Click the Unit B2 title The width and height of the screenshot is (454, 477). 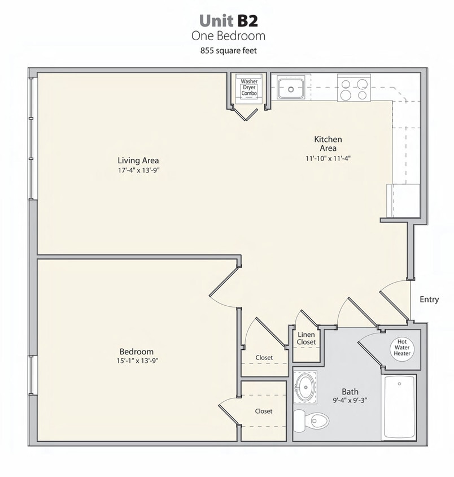click(x=228, y=20)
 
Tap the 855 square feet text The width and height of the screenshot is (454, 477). click(x=228, y=50)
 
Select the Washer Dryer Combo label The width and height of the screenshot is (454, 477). click(x=249, y=86)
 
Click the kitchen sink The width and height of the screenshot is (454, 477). click(x=291, y=88)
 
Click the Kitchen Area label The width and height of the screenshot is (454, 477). click(x=328, y=144)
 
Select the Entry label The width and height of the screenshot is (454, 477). click(x=429, y=300)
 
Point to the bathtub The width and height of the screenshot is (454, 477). click(x=399, y=406)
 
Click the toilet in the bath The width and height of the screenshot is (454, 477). click(x=311, y=420)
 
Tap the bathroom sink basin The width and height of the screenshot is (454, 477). click(x=305, y=387)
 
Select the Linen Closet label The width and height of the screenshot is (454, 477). click(x=306, y=339)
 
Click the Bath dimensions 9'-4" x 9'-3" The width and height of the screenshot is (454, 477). click(x=350, y=400)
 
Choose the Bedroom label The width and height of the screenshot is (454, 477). click(x=136, y=352)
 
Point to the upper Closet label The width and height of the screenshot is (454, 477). click(x=264, y=358)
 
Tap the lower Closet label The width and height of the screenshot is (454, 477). click(x=264, y=411)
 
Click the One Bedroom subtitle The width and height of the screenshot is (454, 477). click(x=228, y=36)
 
